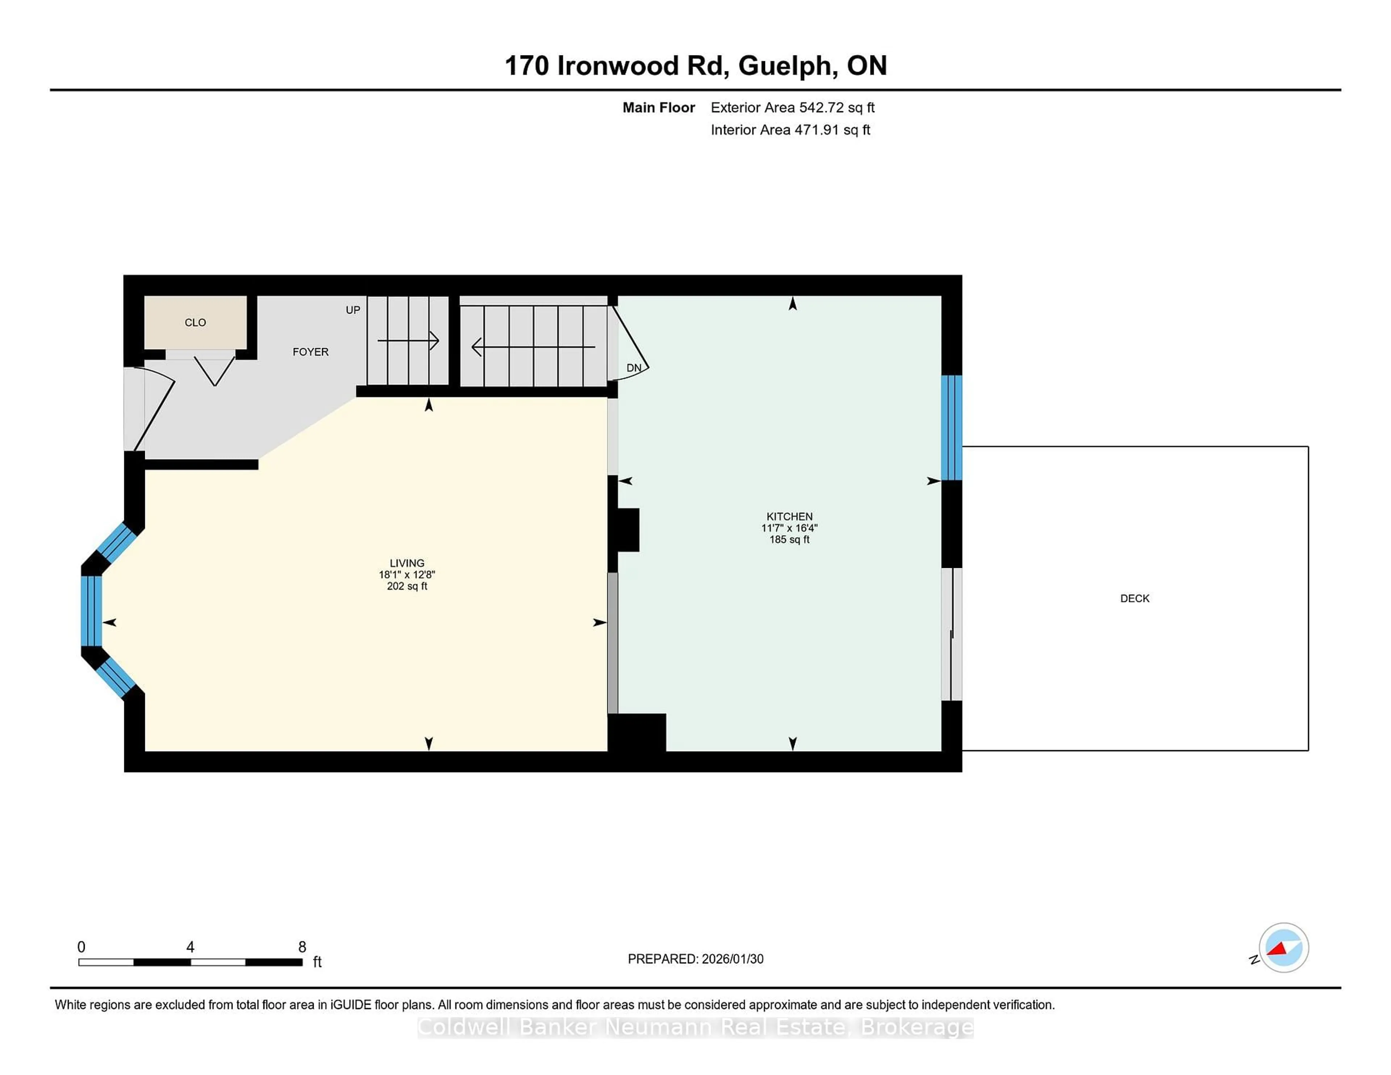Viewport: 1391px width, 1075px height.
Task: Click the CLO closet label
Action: (x=195, y=323)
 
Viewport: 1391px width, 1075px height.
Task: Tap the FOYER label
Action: (x=310, y=352)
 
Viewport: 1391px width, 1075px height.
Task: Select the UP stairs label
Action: (x=353, y=310)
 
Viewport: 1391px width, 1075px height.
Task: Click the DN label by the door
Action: (x=634, y=368)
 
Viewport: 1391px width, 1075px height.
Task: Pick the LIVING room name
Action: (x=406, y=563)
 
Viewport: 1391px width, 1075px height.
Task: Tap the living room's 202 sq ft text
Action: (x=406, y=586)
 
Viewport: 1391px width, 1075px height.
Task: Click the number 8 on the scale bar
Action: (x=302, y=947)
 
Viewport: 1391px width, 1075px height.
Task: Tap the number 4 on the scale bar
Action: (x=190, y=947)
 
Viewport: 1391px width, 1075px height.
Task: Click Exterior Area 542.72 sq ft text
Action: (x=792, y=108)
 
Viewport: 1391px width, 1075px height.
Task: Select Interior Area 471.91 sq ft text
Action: (x=790, y=130)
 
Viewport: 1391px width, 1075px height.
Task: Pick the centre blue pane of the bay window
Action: (x=91, y=611)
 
